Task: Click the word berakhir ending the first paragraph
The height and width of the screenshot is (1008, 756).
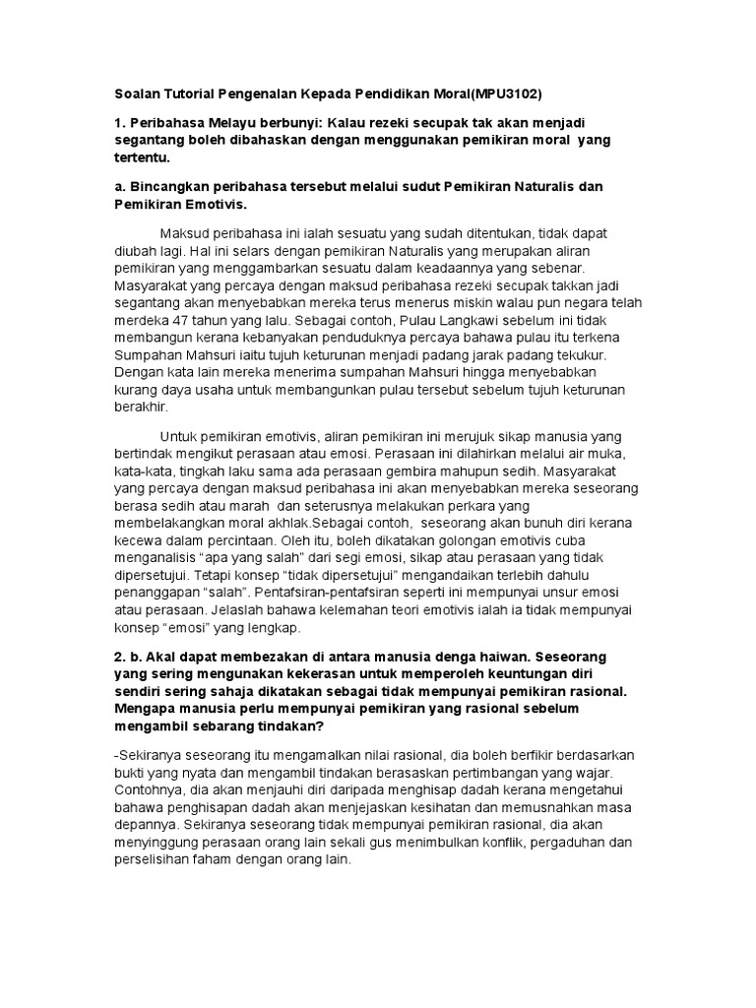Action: point(142,407)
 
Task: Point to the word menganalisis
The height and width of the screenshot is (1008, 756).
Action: point(157,560)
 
